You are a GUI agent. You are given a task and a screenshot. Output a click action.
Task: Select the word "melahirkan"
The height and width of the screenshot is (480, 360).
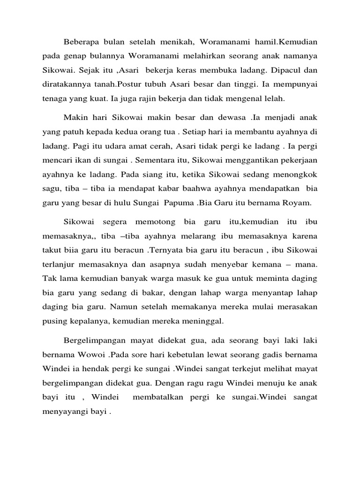(201, 56)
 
